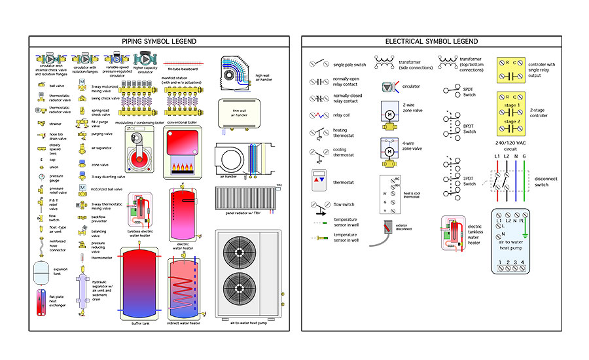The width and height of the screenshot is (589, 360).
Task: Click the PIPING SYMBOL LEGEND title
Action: point(159,41)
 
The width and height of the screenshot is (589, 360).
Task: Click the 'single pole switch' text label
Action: point(348,65)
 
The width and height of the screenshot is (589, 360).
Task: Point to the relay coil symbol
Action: point(319,115)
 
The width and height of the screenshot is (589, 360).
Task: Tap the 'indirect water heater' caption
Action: point(185,322)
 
